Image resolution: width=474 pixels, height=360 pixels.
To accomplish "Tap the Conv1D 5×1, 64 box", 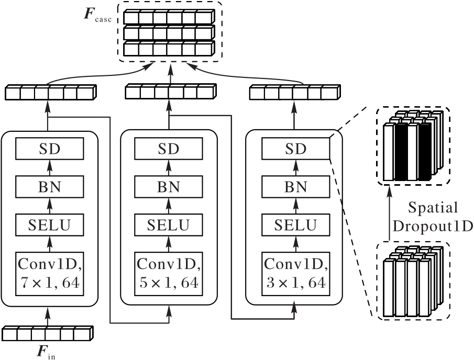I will coord(169,273).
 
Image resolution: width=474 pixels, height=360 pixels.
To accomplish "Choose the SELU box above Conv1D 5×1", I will coord(169,225).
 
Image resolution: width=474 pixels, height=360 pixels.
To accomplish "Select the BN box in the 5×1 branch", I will coord(169,187).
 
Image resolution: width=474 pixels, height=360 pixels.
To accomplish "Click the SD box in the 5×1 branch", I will coord(169,150).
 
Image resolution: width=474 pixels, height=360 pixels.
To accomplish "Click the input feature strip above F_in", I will coord(48,333).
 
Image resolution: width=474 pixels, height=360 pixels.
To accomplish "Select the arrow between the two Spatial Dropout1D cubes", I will coord(389,215).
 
